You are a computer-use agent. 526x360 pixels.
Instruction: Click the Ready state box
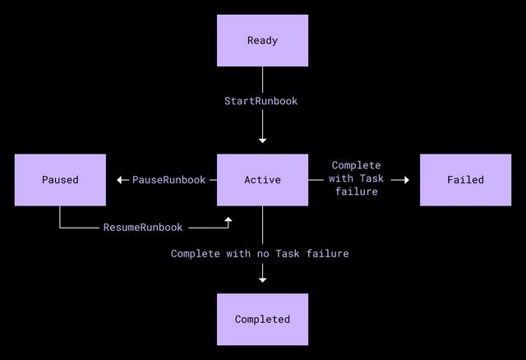[x=262, y=40]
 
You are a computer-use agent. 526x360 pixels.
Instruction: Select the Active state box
[x=262, y=180]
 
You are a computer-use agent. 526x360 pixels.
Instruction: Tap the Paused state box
[x=60, y=180]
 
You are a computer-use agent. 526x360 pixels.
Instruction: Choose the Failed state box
[x=466, y=180]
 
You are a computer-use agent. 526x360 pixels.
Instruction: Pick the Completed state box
[x=262, y=320]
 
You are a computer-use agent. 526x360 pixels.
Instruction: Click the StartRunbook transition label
[x=261, y=101]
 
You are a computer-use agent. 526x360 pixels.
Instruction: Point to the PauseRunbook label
[x=168, y=180]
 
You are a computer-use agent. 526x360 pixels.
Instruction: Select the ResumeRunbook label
[x=143, y=228]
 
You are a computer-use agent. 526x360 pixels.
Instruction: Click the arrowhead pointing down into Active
[x=263, y=141]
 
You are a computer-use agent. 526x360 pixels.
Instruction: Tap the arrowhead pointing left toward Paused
[x=119, y=180]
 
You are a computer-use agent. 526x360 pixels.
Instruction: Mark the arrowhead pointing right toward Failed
[x=407, y=180]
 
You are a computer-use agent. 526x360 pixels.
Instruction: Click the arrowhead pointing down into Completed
[x=263, y=279]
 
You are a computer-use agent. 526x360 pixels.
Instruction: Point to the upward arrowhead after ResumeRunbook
[x=228, y=219]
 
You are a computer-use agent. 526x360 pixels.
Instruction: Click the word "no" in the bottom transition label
[x=263, y=254]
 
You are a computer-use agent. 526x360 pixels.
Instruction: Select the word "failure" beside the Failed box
[x=357, y=192]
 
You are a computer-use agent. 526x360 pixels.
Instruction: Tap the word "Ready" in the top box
[x=262, y=40]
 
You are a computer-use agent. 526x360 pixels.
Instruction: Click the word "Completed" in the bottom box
[x=262, y=320]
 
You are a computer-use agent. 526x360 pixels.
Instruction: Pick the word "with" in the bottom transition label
[x=238, y=254]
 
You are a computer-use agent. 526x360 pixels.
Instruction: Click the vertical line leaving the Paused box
[x=60, y=217]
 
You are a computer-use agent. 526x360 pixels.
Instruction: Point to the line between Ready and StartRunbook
[x=263, y=80]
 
